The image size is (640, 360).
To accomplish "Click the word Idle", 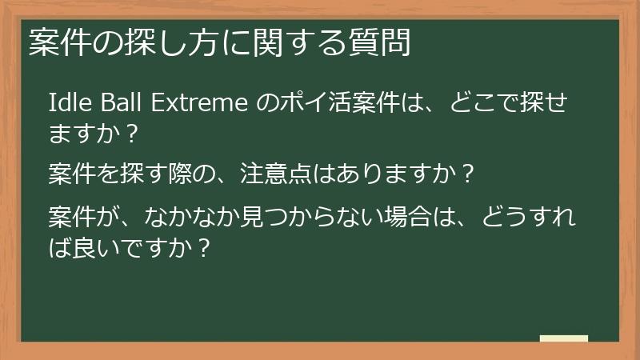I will (x=66, y=104).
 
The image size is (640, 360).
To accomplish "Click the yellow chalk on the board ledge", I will (x=563, y=339).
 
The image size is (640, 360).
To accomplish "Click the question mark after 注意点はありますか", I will (x=469, y=172).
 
